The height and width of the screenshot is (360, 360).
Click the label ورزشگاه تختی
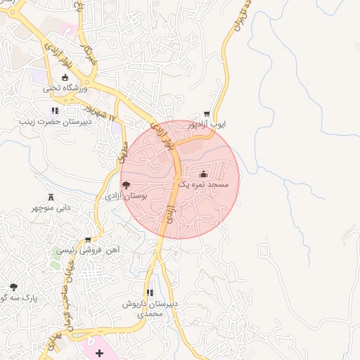[x=65, y=89]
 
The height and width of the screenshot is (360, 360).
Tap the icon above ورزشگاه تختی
[x=65, y=77]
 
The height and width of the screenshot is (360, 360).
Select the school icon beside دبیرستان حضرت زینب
[x=56, y=110]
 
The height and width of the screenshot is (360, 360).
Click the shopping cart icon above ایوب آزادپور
[x=206, y=113]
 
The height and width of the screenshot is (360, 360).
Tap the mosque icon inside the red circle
[x=204, y=173]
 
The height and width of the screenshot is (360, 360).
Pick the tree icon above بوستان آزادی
[x=125, y=185]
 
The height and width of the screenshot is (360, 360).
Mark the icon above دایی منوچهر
[x=50, y=197]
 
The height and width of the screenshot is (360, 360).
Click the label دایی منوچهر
[x=51, y=208]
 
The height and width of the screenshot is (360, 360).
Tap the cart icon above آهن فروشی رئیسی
[x=87, y=239]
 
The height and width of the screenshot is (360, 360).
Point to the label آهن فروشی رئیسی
[x=89, y=250]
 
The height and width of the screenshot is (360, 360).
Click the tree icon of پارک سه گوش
[x=13, y=286]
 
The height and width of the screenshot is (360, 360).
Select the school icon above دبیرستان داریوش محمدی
[x=149, y=292]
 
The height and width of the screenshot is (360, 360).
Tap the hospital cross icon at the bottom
[x=98, y=352]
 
